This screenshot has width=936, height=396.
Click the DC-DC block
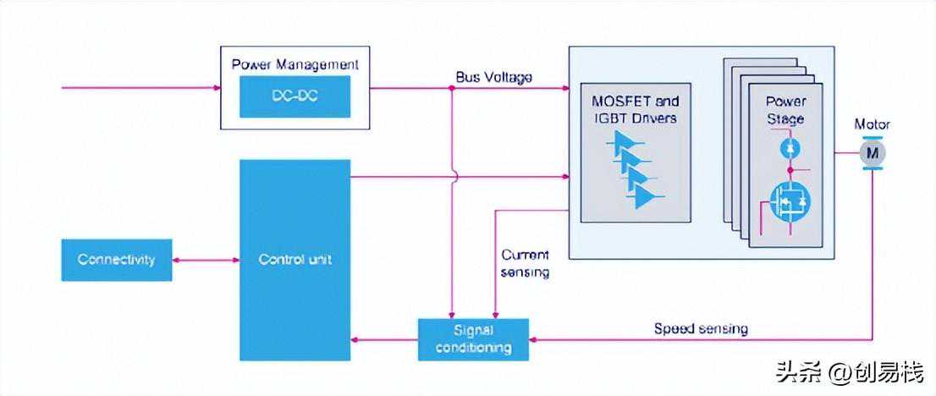295,96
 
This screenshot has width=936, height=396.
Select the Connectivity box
117,260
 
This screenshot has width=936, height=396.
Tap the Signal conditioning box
473,339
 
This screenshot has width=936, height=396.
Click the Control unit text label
295,261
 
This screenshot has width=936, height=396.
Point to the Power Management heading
295,64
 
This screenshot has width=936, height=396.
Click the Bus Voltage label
494,77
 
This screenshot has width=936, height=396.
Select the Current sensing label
526,264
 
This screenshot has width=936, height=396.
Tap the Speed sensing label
701,328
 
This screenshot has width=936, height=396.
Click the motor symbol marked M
873,153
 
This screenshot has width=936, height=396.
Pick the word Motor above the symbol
873,125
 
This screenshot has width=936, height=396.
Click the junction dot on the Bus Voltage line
452,88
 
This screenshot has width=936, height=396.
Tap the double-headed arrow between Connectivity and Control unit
206,261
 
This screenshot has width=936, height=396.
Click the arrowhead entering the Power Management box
217,88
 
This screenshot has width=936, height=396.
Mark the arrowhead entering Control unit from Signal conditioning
355,340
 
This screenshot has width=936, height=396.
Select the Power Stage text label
785,111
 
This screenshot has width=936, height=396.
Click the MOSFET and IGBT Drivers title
635,110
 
